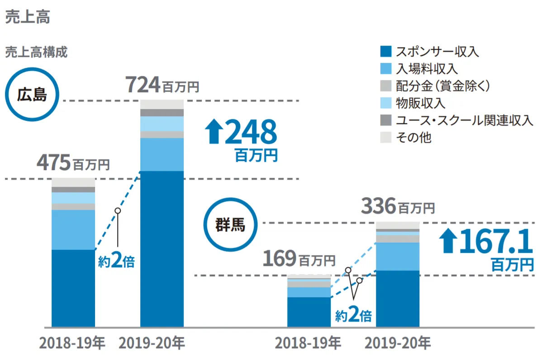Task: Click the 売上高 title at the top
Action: [x=27, y=17]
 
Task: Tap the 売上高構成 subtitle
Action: [x=36, y=52]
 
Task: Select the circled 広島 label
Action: [x=32, y=95]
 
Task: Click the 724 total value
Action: [x=143, y=85]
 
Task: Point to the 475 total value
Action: [x=54, y=163]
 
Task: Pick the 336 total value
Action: [x=378, y=207]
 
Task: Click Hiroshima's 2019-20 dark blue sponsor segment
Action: [x=162, y=249]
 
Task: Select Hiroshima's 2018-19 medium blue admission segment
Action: [x=73, y=229]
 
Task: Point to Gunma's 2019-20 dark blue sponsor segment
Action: [x=398, y=298]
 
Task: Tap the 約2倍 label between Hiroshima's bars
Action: [x=117, y=262]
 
